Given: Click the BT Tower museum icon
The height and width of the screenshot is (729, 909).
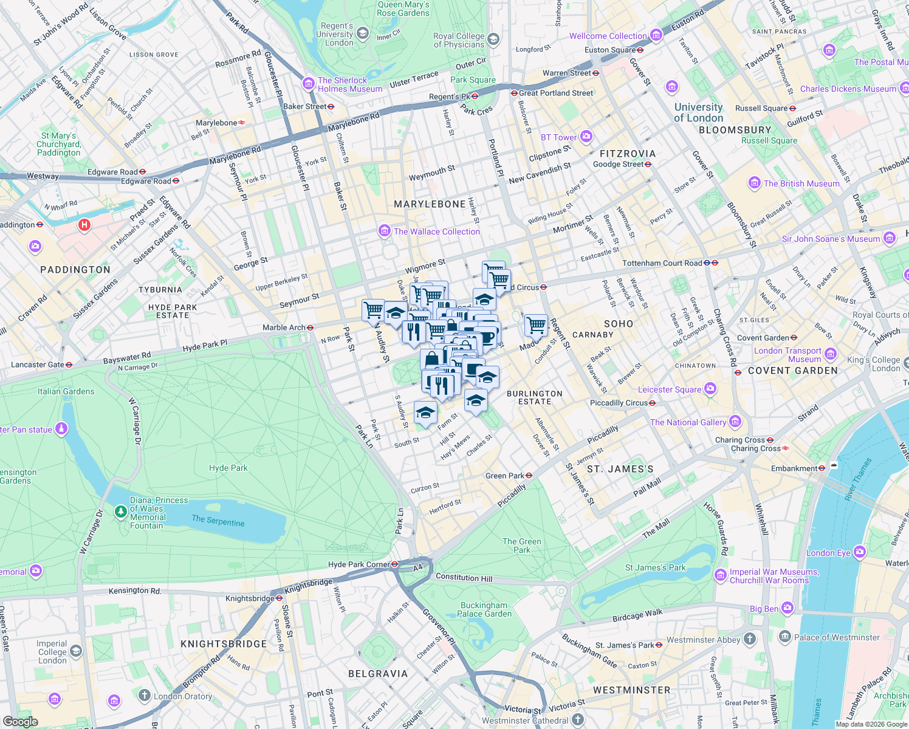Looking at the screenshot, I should coord(586,136).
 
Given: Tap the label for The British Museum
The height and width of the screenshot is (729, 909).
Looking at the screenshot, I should coord(801,183).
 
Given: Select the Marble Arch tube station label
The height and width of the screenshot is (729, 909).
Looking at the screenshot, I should coord(284,327).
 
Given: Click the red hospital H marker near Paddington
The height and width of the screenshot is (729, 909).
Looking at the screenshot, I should coord(84,225).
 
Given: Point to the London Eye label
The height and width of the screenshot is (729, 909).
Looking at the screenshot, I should coord(828,553).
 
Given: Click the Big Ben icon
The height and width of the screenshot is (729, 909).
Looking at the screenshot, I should coord(787,607).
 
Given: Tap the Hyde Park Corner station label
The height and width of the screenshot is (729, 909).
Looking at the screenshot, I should coord(358,564).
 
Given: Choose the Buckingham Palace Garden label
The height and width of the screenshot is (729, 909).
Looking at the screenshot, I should coord(484,609).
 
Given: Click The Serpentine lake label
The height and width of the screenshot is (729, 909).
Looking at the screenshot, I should coord(218,521).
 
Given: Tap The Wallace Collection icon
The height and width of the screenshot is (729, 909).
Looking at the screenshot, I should coord(384,231).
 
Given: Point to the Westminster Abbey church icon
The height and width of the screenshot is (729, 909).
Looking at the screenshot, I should coord(750,638).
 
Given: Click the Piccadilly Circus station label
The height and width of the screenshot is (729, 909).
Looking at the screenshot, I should coord(619,403).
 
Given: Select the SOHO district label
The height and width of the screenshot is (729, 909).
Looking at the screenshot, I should coord(619,324).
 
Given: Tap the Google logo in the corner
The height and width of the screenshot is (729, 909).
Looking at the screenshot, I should coord(20,721).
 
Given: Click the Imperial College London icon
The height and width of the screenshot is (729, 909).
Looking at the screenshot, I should coord(76,652).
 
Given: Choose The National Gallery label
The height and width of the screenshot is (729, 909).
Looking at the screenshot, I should coord(688,422).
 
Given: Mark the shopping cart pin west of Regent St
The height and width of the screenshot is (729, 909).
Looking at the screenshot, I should coord(536,324).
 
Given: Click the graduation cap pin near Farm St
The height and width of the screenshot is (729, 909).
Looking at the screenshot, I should coord(425,412).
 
